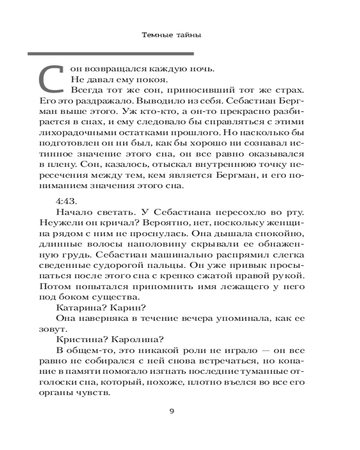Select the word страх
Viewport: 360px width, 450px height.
pyautogui.click(x=294, y=91)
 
